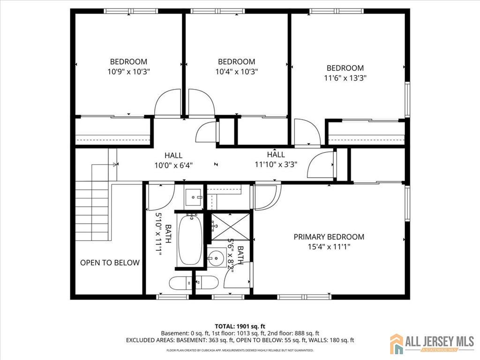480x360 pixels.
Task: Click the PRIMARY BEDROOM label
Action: tap(329, 237)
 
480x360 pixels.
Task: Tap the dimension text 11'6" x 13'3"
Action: tap(345, 78)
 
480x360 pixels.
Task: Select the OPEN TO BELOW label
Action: tap(110, 262)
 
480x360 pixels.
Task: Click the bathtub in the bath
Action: tap(190, 240)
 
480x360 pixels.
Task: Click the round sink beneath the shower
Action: tap(217, 258)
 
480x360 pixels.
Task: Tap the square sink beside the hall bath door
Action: tap(194, 197)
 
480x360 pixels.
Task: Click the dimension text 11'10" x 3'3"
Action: tap(276, 165)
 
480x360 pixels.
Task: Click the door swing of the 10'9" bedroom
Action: tap(168, 102)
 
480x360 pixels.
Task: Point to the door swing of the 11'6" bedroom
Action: tap(307, 132)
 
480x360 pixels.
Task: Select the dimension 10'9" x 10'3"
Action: tap(128, 72)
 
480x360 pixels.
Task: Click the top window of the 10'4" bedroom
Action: tap(217, 11)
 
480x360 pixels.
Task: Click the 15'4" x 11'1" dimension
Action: tap(329, 247)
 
